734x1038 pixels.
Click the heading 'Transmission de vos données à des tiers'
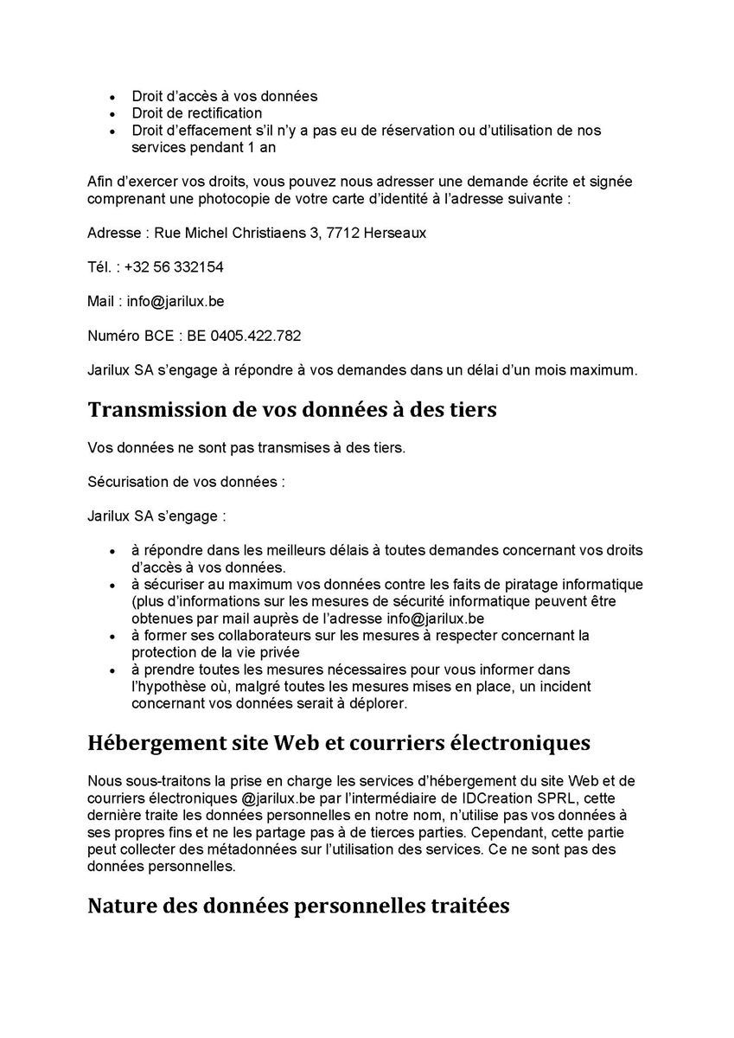point(292,409)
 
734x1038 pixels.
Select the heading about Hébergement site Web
point(339,742)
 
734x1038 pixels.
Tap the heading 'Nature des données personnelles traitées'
point(298,906)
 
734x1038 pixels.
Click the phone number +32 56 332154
point(174,267)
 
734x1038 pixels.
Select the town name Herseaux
point(394,234)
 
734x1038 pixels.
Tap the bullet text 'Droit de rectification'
point(197,112)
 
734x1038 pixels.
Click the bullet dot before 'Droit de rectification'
point(112,113)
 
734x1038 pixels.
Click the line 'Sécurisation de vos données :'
point(186,482)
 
